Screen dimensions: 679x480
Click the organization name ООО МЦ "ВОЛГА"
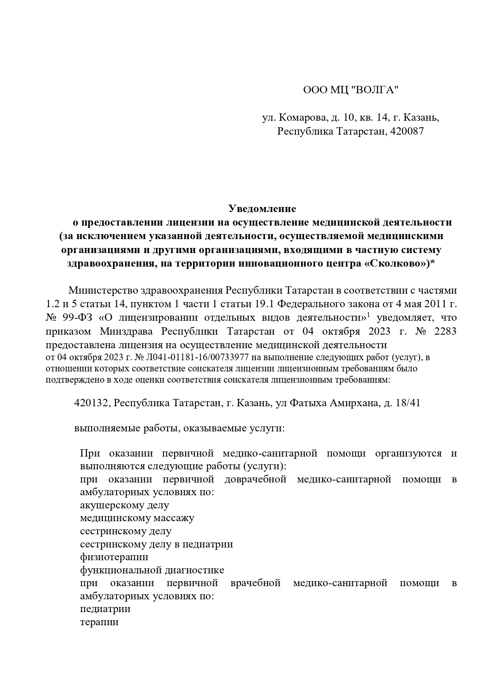(350, 90)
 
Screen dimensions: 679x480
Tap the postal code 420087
(407, 131)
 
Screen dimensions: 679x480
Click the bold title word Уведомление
(262, 209)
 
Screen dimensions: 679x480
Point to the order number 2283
(445, 332)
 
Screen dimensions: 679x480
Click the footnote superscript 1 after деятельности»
(369, 315)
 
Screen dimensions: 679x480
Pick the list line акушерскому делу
(125, 505)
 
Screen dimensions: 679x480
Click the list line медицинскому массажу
(137, 518)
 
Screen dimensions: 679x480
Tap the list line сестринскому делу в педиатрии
(156, 544)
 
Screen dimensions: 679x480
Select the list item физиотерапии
(114, 557)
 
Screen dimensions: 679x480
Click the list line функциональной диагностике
(152, 570)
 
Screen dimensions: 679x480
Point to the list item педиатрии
(105, 609)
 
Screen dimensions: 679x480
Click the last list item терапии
(99, 622)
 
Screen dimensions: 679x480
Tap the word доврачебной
(255, 479)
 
